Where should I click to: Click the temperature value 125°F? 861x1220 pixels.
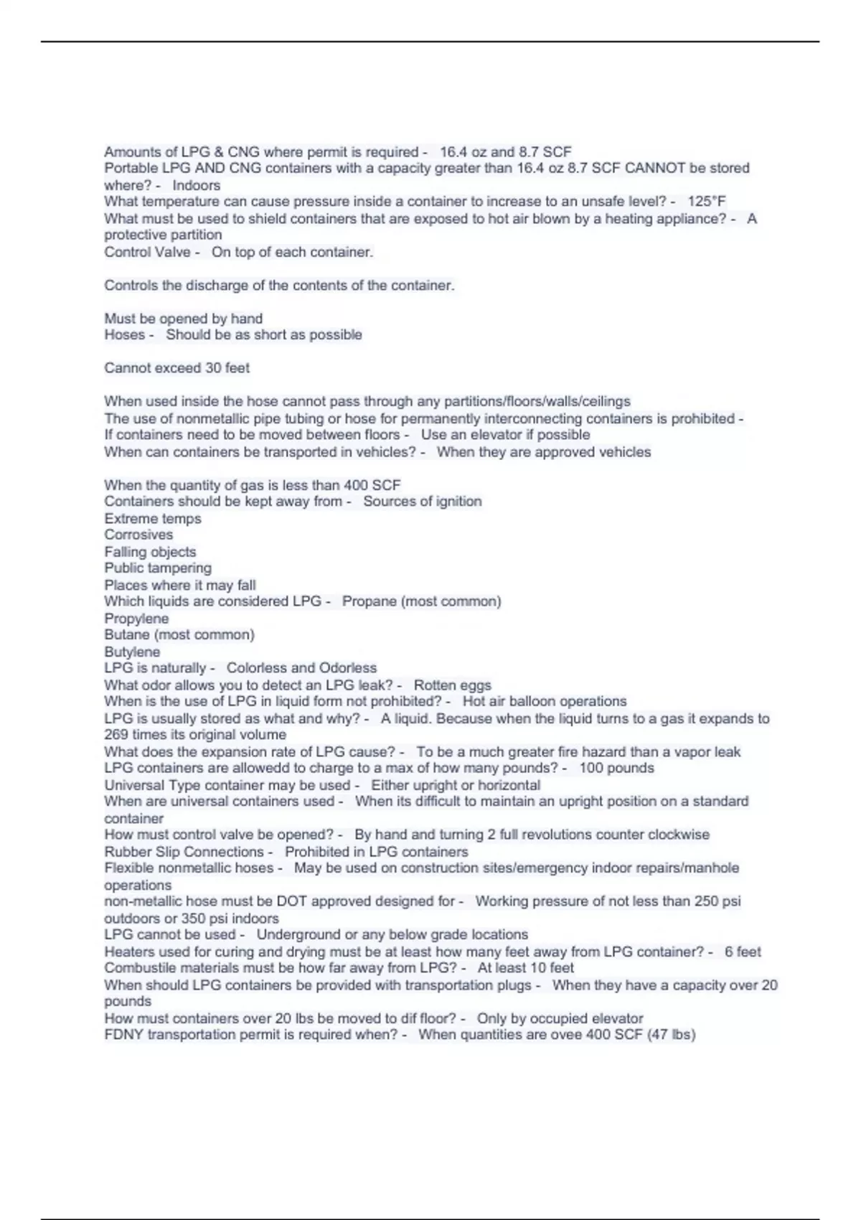(707, 202)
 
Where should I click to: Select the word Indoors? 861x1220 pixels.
(196, 185)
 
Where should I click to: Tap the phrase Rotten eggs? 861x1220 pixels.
(452, 685)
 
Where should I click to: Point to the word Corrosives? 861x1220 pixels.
(138, 535)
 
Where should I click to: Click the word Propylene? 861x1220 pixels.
(136, 619)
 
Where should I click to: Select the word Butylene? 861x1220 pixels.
(132, 652)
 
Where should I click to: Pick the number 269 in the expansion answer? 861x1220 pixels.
(117, 735)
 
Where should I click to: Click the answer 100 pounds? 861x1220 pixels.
(616, 768)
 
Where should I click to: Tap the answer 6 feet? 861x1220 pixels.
(742, 952)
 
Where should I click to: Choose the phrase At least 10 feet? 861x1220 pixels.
(525, 967)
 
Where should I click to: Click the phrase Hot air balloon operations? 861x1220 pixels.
(544, 701)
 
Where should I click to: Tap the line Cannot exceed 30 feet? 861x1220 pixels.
(177, 368)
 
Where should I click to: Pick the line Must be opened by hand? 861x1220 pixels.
(183, 319)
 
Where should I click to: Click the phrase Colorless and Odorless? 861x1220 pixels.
(301, 668)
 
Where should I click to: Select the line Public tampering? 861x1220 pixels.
(158, 568)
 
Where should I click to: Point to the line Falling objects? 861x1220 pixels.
(150, 552)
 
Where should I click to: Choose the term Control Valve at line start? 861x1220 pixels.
(147, 252)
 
